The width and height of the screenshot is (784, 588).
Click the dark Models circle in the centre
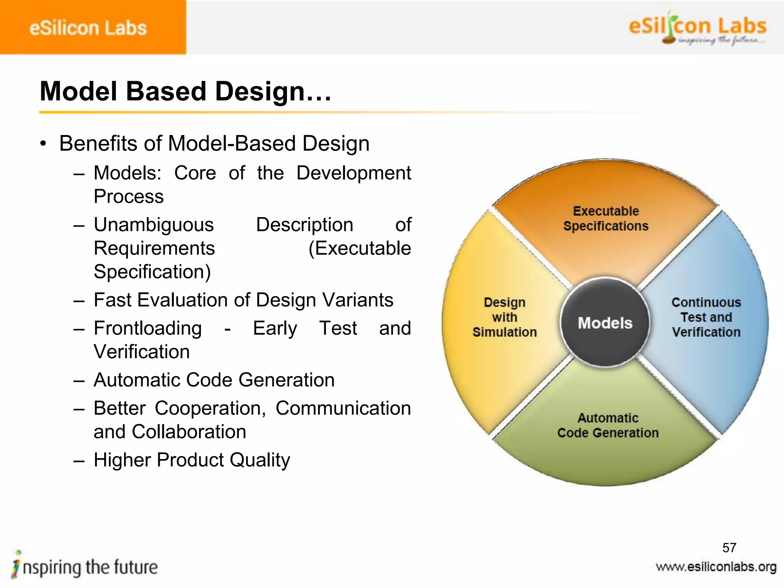coord(605,322)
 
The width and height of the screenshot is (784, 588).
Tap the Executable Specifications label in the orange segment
coord(606,219)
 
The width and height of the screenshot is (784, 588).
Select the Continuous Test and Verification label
coord(706,317)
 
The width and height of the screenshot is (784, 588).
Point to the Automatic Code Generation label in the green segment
coord(608,425)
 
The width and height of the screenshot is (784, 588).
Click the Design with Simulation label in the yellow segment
coord(505,317)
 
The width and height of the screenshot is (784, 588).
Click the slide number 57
coord(729,548)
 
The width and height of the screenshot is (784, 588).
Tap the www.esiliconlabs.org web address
coord(716,567)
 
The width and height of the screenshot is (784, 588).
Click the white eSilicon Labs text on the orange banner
coord(88,28)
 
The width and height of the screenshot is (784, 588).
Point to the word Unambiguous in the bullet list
coord(154,225)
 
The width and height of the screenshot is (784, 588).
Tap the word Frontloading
coord(148,328)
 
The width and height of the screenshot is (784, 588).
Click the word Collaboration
coord(189,432)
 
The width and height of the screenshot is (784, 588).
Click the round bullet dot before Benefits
coord(43,144)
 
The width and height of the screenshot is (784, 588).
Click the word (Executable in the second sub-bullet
coord(359,248)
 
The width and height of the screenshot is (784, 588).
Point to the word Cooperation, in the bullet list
coord(210,408)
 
